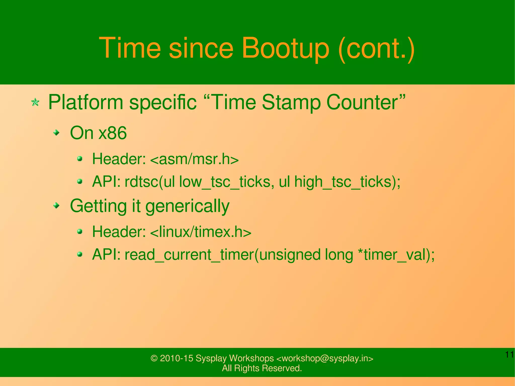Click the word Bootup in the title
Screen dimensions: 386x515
pos(285,48)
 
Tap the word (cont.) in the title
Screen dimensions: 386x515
pos(376,48)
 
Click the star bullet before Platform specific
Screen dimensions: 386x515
pos(35,102)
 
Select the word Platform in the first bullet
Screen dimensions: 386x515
pos(85,103)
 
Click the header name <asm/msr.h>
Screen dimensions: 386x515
pos(194,159)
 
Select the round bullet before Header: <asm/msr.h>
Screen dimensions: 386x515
pos(80,159)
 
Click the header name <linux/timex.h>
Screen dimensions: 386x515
pos(201,232)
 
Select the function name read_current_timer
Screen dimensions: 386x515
pos(189,255)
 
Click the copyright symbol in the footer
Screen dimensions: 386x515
pos(154,358)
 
